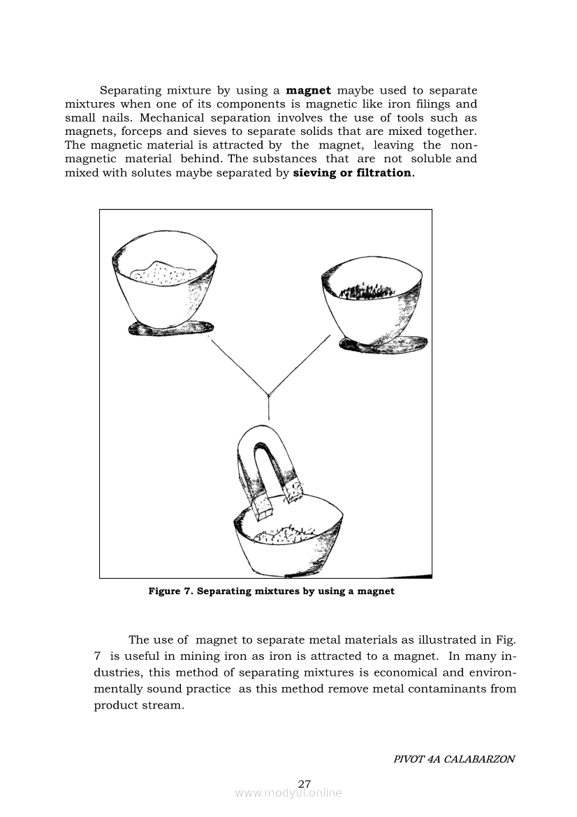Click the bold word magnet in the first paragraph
pyautogui.click(x=308, y=90)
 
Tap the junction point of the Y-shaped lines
pyautogui.click(x=269, y=396)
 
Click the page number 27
pyautogui.click(x=304, y=783)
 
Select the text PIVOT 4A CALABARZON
pyautogui.click(x=454, y=759)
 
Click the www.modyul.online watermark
pyautogui.click(x=288, y=793)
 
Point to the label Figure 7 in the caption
pyautogui.click(x=170, y=591)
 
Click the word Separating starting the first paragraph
pyautogui.click(x=131, y=90)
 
